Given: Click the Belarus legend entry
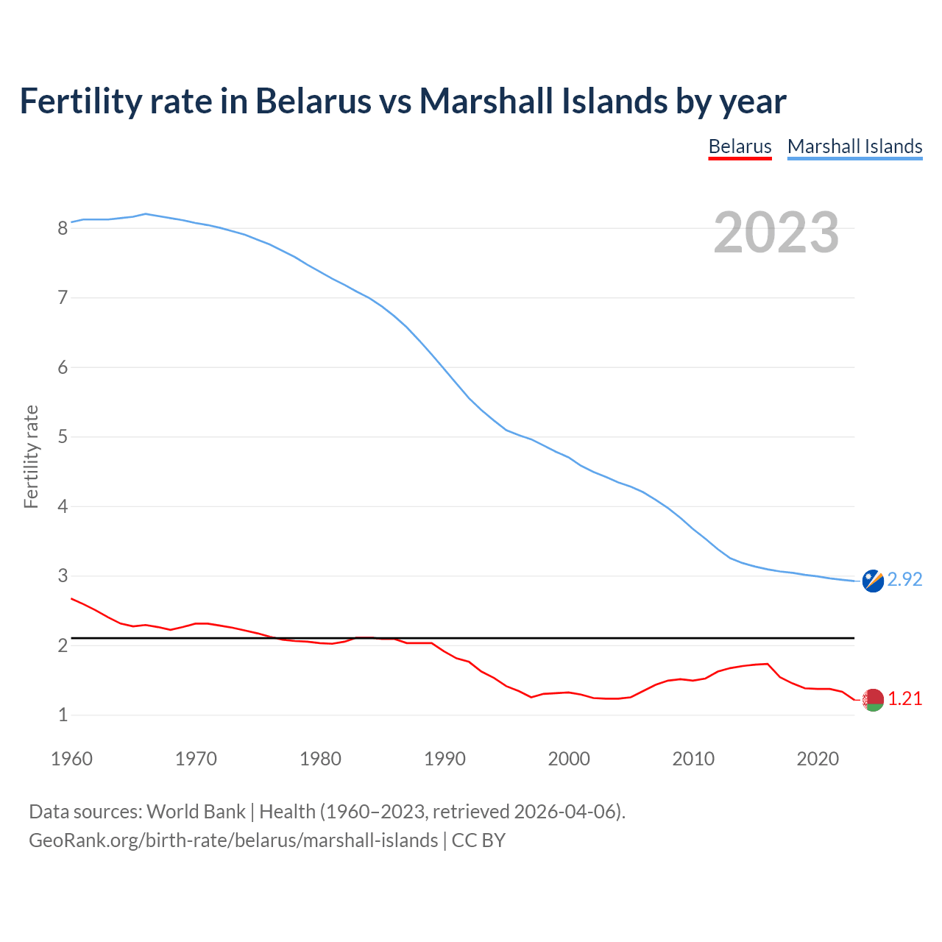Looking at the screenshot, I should click(740, 146).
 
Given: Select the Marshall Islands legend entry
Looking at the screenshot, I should click(854, 146).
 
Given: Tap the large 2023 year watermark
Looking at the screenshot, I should click(776, 233).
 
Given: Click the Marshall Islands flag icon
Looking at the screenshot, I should click(873, 581).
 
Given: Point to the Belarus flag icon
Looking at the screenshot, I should click(873, 700).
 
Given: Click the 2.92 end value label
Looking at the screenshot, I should click(904, 580).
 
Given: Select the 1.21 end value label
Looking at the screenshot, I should click(904, 699).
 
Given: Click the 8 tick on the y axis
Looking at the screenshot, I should click(63, 228).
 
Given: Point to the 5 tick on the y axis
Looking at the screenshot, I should click(63, 437).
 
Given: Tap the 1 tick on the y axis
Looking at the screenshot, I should click(63, 715).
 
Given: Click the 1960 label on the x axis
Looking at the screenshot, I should click(71, 759).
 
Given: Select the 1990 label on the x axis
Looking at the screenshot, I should click(445, 759).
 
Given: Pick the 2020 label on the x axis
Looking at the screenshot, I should click(818, 759).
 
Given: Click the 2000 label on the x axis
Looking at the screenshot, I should click(569, 759).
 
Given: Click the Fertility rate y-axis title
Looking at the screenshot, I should click(31, 456).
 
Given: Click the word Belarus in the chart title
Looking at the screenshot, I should click(314, 101).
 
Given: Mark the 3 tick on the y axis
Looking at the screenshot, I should click(63, 576).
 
